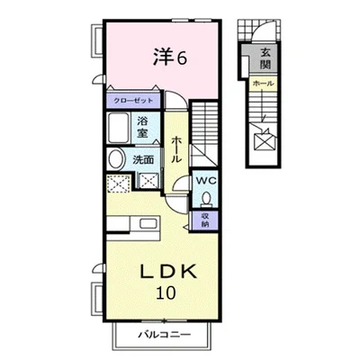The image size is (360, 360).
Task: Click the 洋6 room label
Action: (170, 58)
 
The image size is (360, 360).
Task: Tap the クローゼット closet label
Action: (133, 101)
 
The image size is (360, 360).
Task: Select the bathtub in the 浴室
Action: (119, 129)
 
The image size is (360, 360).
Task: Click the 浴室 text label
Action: (142, 128)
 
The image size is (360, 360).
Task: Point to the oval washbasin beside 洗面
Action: (117, 159)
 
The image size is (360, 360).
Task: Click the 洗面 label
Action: (143, 160)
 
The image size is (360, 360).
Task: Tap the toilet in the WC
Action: (206, 199)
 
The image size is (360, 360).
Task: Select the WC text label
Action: (206, 181)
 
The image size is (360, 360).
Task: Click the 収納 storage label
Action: (205, 220)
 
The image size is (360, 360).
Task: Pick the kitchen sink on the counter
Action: (148, 224)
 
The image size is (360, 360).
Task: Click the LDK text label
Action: (168, 272)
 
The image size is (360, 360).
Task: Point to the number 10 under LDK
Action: (166, 292)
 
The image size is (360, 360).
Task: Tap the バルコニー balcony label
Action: (164, 335)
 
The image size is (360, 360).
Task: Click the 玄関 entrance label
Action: (265, 58)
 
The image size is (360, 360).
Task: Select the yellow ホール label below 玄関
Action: (263, 84)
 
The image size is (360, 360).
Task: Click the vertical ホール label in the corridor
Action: (176, 149)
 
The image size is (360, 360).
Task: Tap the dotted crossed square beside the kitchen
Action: (119, 184)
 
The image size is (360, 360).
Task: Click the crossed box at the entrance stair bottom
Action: (264, 141)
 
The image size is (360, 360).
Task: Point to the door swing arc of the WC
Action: (181, 183)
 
